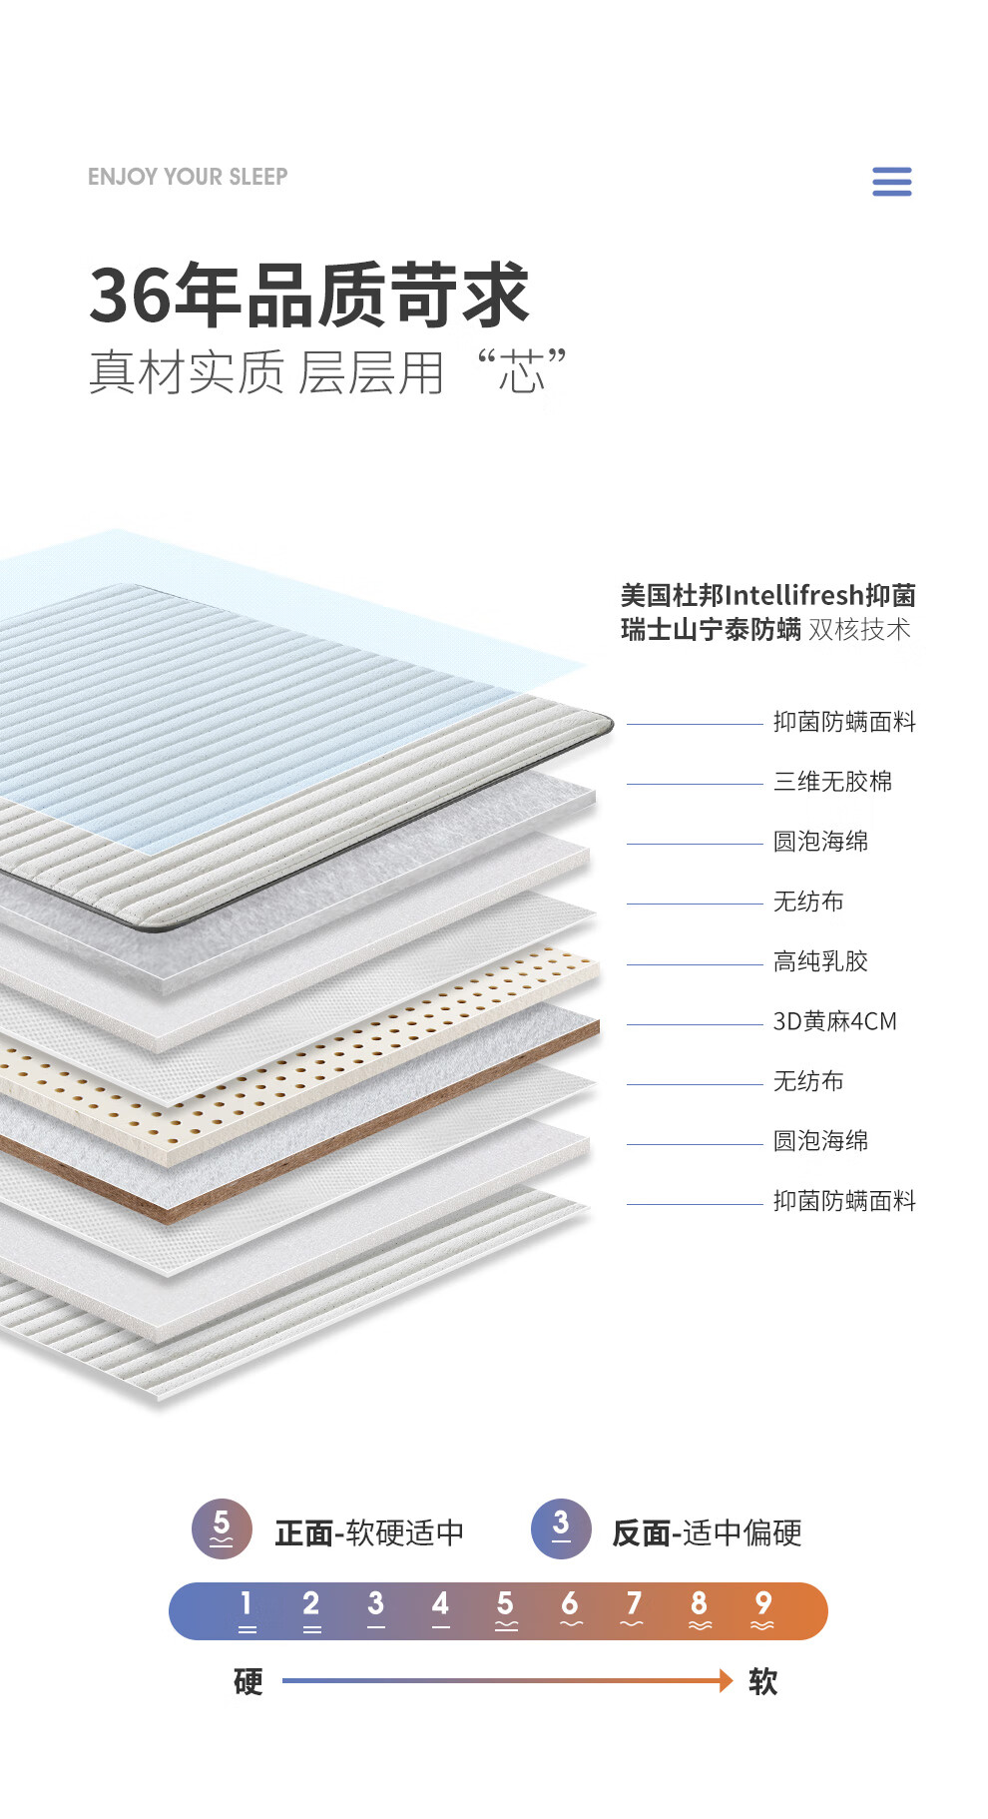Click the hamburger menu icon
click(891, 182)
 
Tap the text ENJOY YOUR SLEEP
click(188, 177)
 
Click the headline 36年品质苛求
click(309, 296)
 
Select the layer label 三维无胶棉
click(832, 782)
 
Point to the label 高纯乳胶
click(820, 961)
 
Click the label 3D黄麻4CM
click(834, 1021)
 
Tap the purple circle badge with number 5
click(222, 1528)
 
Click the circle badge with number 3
click(561, 1528)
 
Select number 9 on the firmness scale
click(762, 1609)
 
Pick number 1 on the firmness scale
click(247, 1609)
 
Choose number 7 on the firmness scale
click(633, 1609)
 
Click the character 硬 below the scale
click(248, 1681)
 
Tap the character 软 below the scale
click(762, 1681)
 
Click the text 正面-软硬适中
click(369, 1532)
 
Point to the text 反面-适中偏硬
click(707, 1532)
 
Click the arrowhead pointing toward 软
click(726, 1680)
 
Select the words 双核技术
click(859, 630)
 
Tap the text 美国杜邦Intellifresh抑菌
click(767, 596)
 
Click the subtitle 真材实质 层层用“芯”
click(327, 373)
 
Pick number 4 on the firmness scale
click(440, 1609)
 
